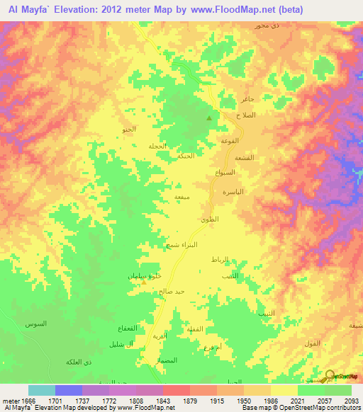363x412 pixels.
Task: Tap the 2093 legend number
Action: pyautogui.click(x=351, y=400)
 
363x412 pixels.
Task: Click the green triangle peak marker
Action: pyautogui.click(x=208, y=118)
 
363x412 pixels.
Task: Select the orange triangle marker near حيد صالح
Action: pyautogui.click(x=144, y=282)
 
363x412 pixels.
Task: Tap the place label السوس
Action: pyautogui.click(x=36, y=324)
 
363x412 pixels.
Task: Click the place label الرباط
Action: pyautogui.click(x=220, y=260)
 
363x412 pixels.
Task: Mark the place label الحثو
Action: pyautogui.click(x=128, y=130)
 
